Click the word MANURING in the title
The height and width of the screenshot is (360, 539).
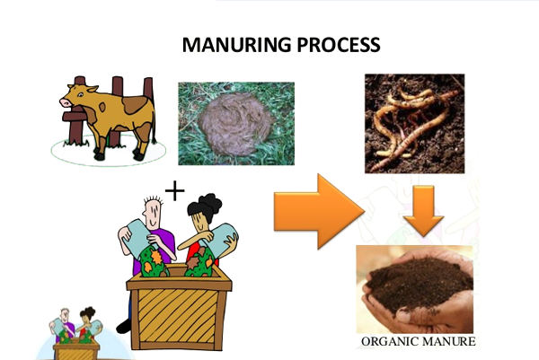237,45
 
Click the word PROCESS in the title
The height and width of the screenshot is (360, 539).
339,45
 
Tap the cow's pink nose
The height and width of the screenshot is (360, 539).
65,102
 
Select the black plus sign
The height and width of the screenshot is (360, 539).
175,190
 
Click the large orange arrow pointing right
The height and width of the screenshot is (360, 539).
319,211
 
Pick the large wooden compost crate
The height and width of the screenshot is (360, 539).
179,307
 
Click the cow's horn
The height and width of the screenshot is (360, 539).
93,89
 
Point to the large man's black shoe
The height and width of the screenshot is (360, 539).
123,327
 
